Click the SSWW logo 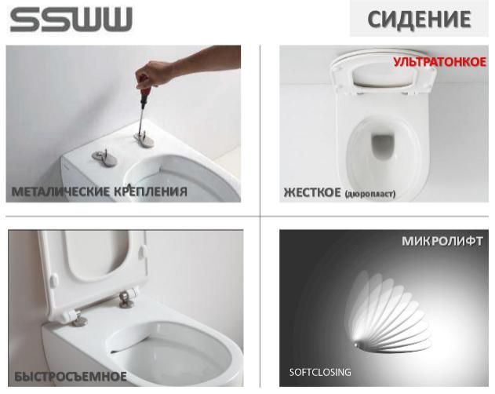[71, 20]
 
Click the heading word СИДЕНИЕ [420, 19]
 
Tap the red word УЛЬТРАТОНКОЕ [439, 62]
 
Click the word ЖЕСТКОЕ [311, 192]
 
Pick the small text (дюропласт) [370, 193]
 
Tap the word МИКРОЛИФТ [442, 241]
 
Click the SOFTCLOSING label [320, 372]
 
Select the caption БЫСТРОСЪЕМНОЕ [70, 378]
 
